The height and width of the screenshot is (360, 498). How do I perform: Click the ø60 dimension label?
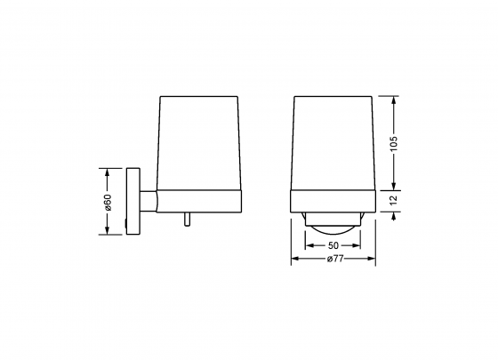point(108,202)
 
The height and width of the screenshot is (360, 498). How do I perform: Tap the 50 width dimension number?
point(333,244)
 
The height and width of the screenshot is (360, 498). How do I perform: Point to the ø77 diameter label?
point(334,259)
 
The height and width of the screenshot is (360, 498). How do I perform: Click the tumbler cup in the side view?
point(199,142)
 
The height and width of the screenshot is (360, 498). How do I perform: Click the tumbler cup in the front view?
point(334,142)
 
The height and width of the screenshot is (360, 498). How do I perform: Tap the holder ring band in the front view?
point(334,201)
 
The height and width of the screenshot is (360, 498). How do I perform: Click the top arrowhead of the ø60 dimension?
point(108,171)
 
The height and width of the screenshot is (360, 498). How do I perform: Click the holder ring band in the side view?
point(199,201)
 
